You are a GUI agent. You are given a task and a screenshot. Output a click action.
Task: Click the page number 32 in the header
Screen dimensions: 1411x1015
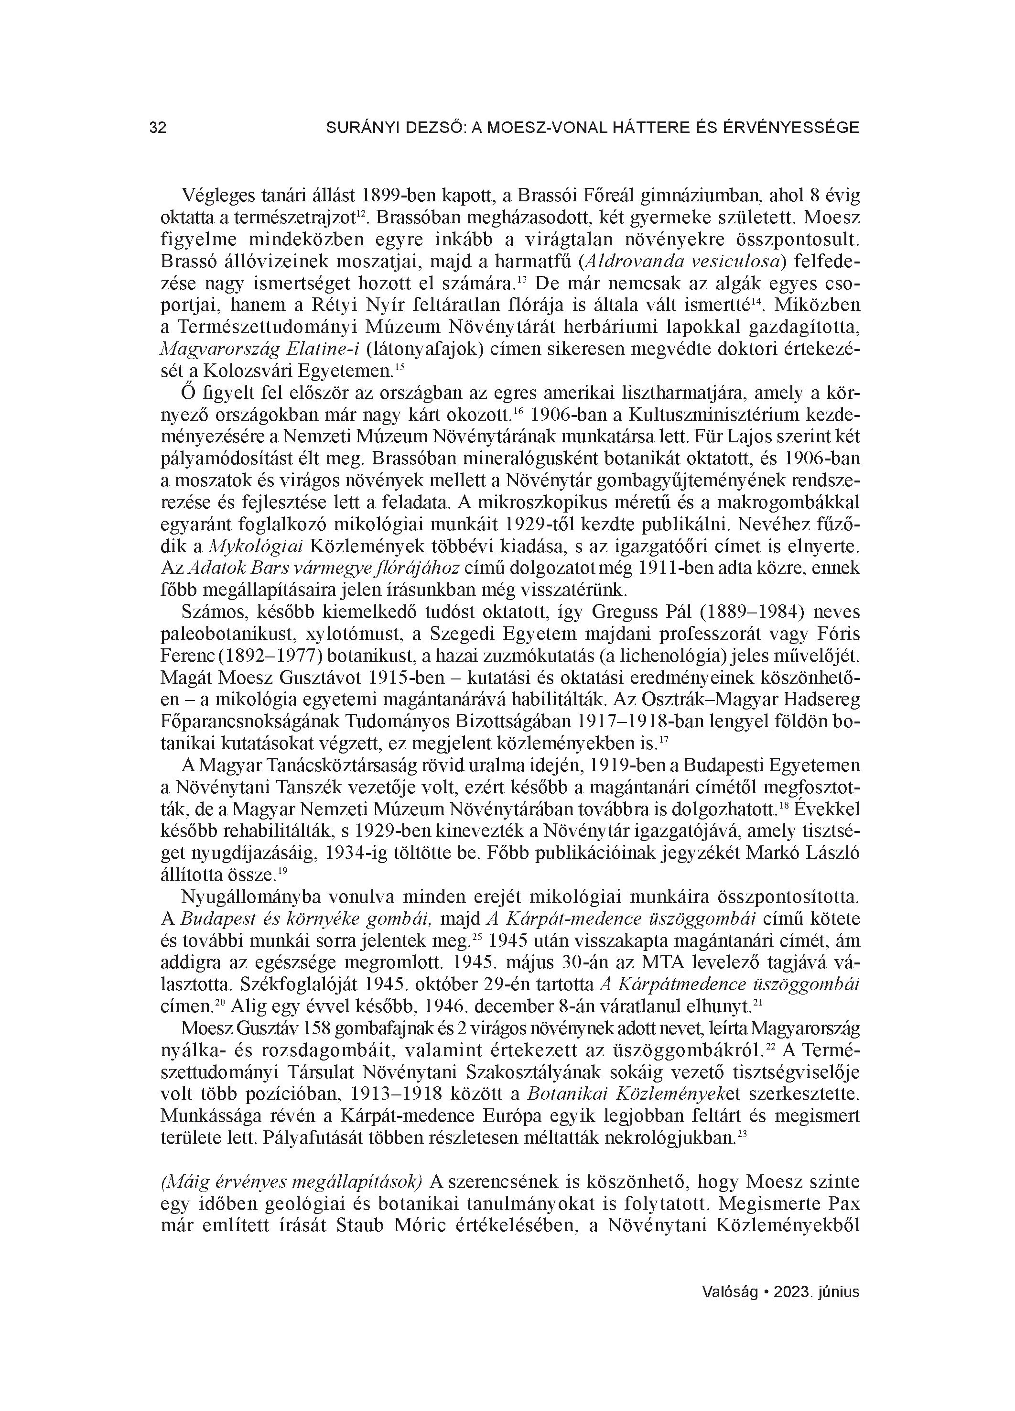(x=158, y=128)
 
